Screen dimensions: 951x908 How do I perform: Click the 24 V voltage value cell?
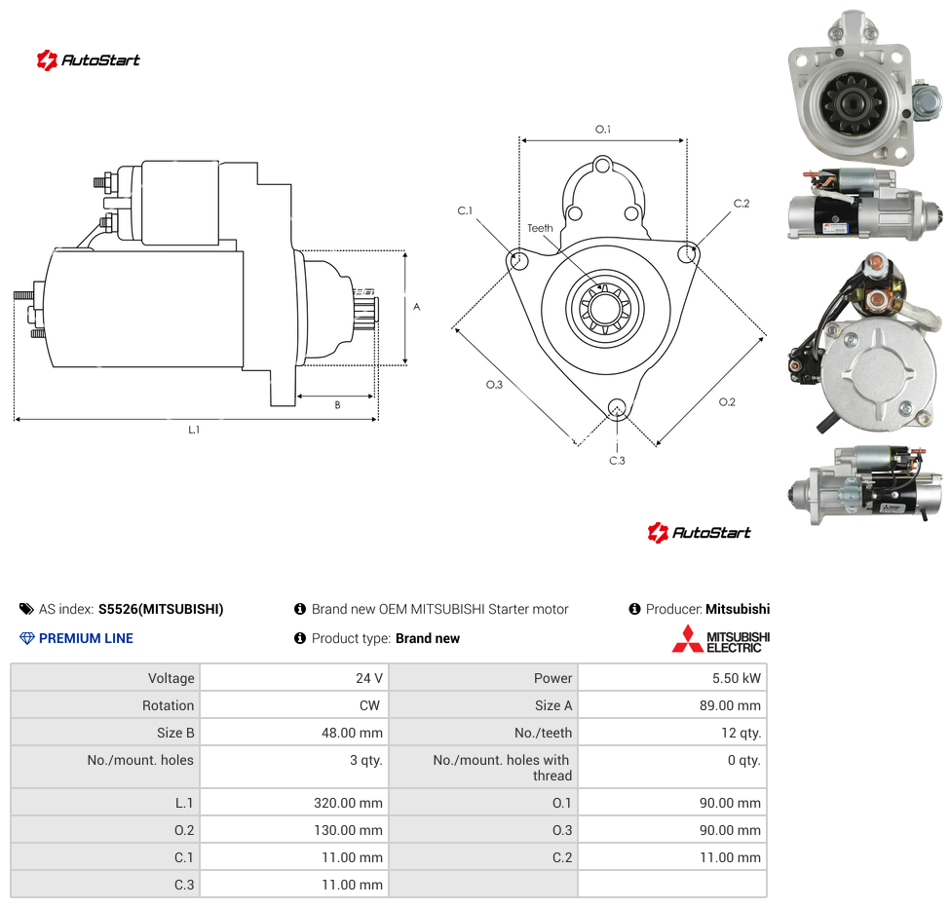[x=368, y=678]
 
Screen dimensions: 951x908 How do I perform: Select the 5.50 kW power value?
[x=737, y=678]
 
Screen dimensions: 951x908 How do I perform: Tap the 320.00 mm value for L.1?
[x=348, y=803]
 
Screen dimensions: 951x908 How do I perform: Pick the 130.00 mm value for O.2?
[x=348, y=830]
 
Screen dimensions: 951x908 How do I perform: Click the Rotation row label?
[x=168, y=705]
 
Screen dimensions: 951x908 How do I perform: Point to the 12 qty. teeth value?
[x=741, y=733]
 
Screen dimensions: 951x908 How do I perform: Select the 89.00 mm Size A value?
[x=730, y=705]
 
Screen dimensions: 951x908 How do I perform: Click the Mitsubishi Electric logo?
[x=720, y=639]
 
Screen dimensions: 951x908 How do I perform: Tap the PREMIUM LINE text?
[x=86, y=638]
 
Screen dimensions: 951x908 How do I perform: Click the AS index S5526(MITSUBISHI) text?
[x=161, y=609]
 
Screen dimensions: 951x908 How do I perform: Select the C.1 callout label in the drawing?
[x=465, y=210]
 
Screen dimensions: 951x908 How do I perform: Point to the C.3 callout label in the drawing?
[x=617, y=461]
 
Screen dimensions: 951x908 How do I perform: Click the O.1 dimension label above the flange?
[x=603, y=130]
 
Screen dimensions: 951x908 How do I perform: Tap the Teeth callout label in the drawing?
[x=540, y=228]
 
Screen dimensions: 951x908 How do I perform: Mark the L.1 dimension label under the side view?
[x=194, y=430]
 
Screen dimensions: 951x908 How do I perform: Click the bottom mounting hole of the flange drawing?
[x=617, y=407]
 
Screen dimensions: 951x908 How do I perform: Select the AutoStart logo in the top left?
[x=89, y=60]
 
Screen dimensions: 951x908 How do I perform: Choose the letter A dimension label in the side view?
[x=417, y=307]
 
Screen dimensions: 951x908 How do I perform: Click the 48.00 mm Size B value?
[x=352, y=733]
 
